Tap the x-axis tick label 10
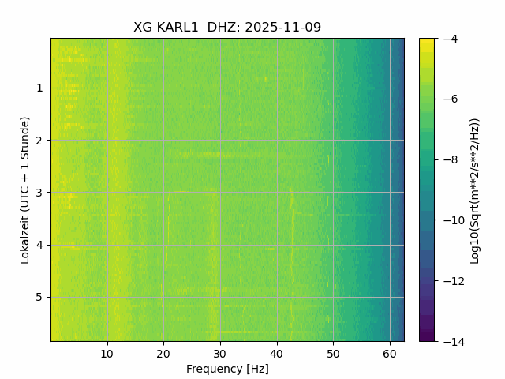pyautogui.click(x=107, y=354)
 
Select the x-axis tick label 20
pyautogui.click(x=163, y=354)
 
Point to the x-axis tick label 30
pyautogui.click(x=220, y=354)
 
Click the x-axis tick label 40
pyautogui.click(x=277, y=354)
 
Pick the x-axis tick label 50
pyautogui.click(x=333, y=354)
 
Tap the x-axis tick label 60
pyautogui.click(x=390, y=354)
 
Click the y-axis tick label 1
pyautogui.click(x=39, y=88)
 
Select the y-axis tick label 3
pyautogui.click(x=39, y=192)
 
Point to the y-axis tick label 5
pyautogui.click(x=39, y=297)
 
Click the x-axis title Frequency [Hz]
pyautogui.click(x=227, y=369)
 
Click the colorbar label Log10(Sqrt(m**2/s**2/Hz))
pyautogui.click(x=475, y=189)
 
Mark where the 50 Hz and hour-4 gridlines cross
pyautogui.click(x=333, y=245)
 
